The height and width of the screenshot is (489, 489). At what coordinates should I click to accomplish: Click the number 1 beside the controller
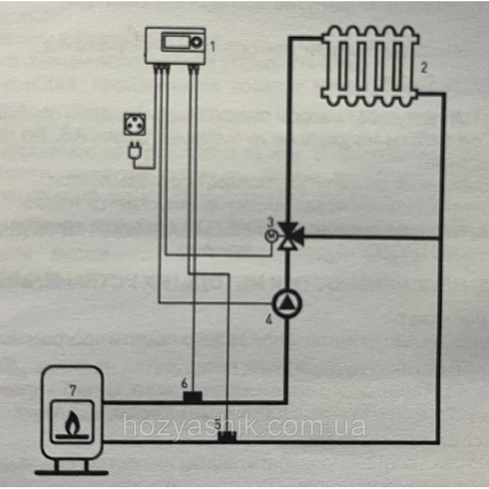click(x=213, y=47)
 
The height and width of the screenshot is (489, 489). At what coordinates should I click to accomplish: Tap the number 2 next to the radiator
click(x=424, y=68)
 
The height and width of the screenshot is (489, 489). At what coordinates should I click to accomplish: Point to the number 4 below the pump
click(x=268, y=319)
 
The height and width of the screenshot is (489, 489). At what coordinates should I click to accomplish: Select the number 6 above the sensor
click(x=185, y=383)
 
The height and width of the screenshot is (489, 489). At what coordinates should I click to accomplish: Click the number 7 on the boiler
click(x=73, y=390)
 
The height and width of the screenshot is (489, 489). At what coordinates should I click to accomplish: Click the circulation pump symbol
click(x=287, y=303)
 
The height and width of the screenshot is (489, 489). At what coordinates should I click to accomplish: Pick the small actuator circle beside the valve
click(x=270, y=236)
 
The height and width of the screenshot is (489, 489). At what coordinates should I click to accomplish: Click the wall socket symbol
click(x=134, y=125)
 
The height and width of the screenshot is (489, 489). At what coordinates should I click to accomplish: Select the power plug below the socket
click(x=135, y=149)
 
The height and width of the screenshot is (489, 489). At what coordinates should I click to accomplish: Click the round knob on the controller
click(x=196, y=43)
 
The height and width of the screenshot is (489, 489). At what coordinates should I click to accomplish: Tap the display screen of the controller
click(x=175, y=42)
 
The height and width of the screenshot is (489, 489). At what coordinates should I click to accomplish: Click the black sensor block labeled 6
click(x=193, y=397)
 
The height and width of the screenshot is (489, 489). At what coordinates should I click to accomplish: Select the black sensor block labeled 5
click(x=227, y=437)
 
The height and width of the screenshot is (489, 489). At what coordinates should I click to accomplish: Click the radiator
click(x=370, y=67)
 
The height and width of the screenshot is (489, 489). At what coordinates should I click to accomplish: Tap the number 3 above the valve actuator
click(x=270, y=222)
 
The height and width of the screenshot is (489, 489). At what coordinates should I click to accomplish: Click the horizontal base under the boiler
click(x=72, y=472)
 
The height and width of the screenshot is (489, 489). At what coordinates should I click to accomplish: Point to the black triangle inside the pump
click(x=286, y=303)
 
